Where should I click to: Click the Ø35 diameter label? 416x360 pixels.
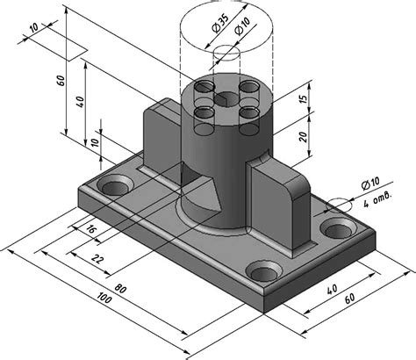tap(219, 24)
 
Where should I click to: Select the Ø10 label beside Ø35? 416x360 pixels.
tap(242, 26)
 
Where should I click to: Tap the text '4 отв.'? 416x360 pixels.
tap(377, 199)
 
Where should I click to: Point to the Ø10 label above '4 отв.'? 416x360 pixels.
tap(370, 184)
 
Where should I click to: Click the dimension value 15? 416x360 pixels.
tap(304, 98)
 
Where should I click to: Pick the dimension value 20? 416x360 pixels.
tap(304, 137)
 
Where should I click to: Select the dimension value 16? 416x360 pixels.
tap(91, 229)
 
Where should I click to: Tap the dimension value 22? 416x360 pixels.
tap(97, 259)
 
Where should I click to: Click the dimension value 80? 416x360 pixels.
tap(120, 289)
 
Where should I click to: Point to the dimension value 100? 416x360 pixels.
tap(104, 298)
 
